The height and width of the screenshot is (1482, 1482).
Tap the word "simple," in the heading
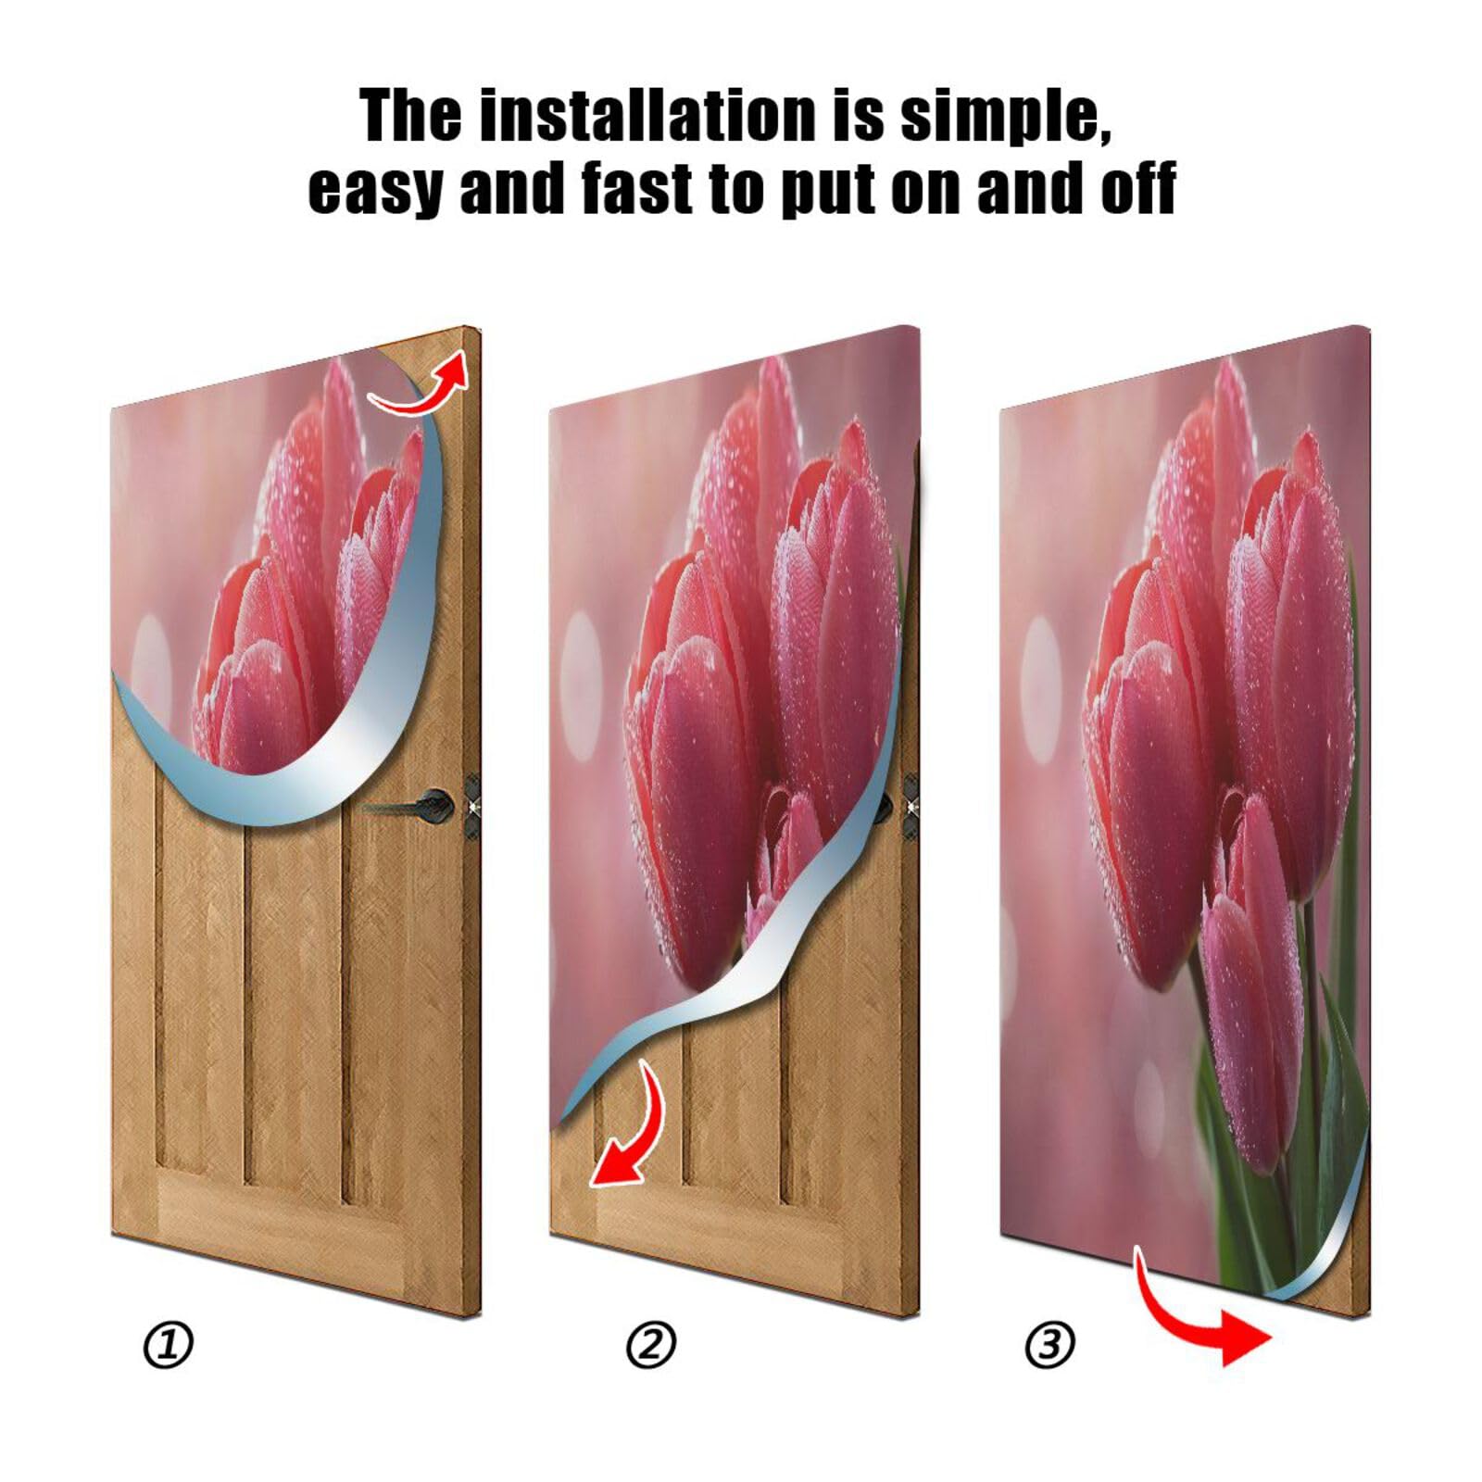click(1005, 116)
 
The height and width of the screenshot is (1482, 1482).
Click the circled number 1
click(168, 1345)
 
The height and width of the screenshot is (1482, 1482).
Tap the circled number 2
click(651, 1345)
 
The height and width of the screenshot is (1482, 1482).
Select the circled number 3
click(1049, 1345)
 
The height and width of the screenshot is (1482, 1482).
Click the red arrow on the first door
click(421, 387)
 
